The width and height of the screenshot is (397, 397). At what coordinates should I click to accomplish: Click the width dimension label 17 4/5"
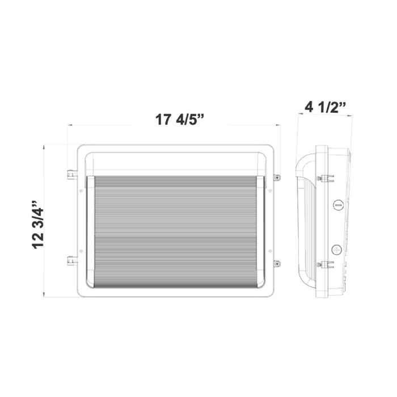tap(179, 120)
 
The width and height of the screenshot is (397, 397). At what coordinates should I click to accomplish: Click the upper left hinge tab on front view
tap(70, 174)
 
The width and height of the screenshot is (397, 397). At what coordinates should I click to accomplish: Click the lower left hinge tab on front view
tap(70, 261)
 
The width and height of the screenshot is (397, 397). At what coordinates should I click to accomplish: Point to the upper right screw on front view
tap(277, 178)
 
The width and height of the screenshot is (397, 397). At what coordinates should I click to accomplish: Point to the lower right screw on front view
tap(277, 263)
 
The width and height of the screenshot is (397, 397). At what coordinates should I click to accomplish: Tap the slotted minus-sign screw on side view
tap(338, 205)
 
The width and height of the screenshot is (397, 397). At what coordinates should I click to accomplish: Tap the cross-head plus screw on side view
tap(337, 249)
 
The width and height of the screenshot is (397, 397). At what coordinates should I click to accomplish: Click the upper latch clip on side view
tap(323, 179)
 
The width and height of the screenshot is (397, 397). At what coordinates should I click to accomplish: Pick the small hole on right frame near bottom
tap(271, 251)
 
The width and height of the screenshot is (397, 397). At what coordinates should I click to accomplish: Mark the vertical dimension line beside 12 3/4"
tap(45, 221)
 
